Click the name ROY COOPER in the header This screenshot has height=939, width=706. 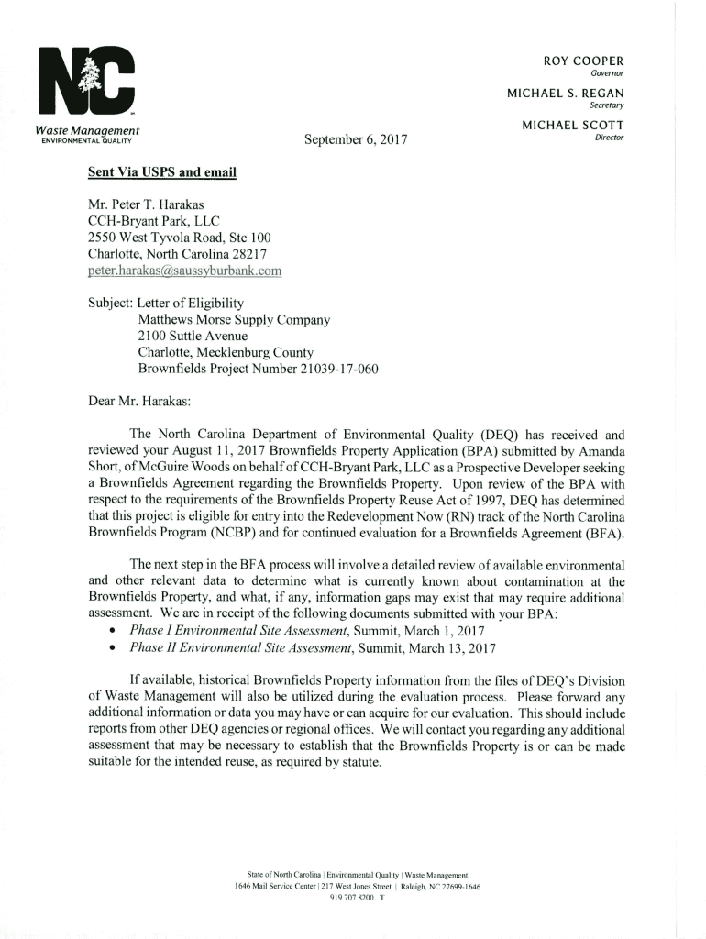(583, 61)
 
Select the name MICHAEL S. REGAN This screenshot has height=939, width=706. (566, 94)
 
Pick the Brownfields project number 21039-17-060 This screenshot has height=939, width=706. (320, 370)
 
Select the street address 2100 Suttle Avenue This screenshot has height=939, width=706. (193, 337)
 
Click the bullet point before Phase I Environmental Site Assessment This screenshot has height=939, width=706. (111, 632)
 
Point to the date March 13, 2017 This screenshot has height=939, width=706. (451, 647)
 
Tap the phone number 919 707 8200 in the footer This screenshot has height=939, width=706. (353, 898)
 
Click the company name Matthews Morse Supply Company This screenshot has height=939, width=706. (234, 320)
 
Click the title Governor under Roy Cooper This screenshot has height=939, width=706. (607, 73)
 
